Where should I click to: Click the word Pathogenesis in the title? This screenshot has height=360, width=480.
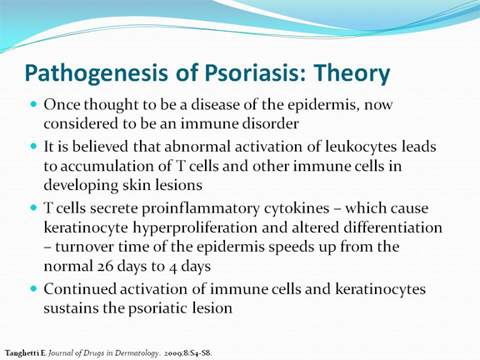[x=96, y=73]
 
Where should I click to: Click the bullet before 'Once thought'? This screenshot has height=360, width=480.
[x=34, y=104]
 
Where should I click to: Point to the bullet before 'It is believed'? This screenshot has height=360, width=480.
[x=34, y=146]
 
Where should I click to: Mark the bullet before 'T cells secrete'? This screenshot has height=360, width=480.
[x=34, y=207]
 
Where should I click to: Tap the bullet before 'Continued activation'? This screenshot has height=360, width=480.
[x=34, y=288]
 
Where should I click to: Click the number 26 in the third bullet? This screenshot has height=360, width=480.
[x=105, y=267]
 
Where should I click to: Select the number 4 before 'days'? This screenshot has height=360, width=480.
[x=173, y=267]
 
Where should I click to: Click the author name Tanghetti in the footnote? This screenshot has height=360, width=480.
[x=22, y=353]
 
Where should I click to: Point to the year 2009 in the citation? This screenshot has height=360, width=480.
[x=173, y=353]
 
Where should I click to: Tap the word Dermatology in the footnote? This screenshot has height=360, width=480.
[x=137, y=353]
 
